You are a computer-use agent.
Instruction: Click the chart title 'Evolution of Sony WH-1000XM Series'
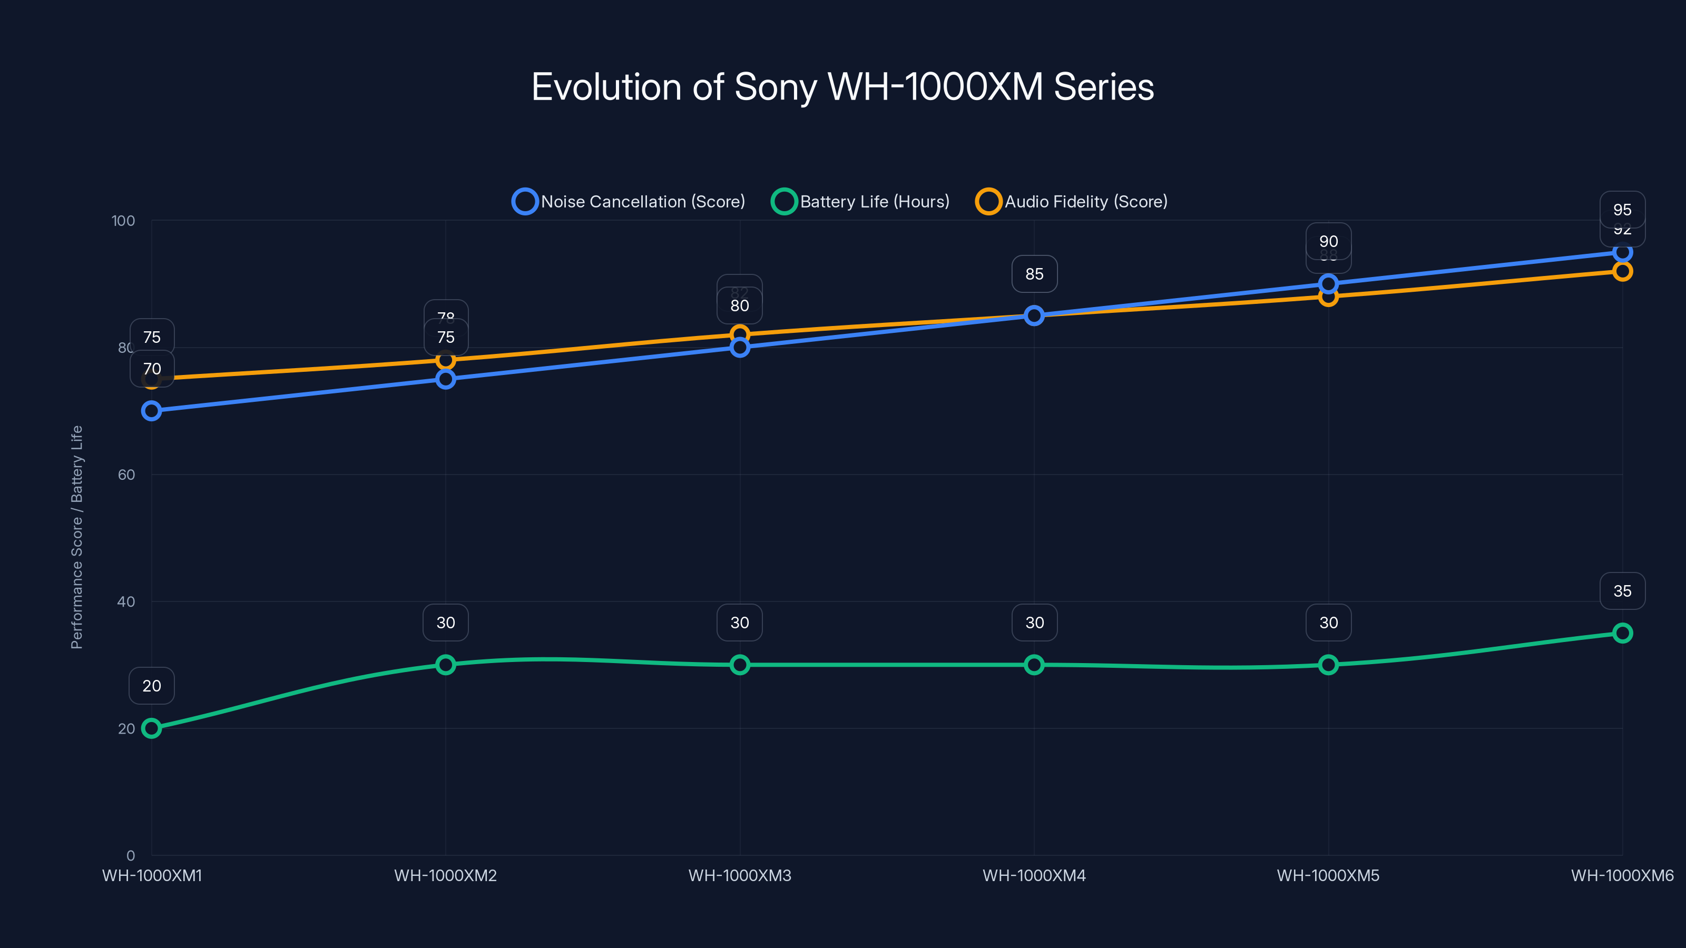[x=842, y=87]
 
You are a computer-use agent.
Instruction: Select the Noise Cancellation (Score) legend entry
[x=629, y=202]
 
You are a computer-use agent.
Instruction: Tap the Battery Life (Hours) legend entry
[x=861, y=202]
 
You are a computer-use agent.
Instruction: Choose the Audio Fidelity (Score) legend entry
[x=1072, y=202]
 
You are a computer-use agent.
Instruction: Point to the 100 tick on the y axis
[x=123, y=221]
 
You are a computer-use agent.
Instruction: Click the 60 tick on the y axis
[x=126, y=475]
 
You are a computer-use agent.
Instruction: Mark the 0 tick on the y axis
[x=130, y=855]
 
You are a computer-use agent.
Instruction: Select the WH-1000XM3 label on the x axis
[x=740, y=875]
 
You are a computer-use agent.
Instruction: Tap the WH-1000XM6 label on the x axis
[x=1622, y=875]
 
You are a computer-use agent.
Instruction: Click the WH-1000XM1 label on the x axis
[x=152, y=875]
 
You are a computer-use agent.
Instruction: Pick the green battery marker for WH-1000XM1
[x=151, y=728]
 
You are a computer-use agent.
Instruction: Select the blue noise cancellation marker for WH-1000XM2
[x=446, y=379]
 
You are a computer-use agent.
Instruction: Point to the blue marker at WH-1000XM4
[x=1034, y=315]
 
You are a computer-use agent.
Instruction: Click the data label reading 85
[x=1034, y=274]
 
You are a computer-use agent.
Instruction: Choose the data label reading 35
[x=1622, y=591]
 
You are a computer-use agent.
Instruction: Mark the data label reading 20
[x=151, y=686]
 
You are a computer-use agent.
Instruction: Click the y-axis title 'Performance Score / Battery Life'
[x=76, y=537]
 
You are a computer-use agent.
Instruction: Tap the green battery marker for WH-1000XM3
[x=740, y=665]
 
